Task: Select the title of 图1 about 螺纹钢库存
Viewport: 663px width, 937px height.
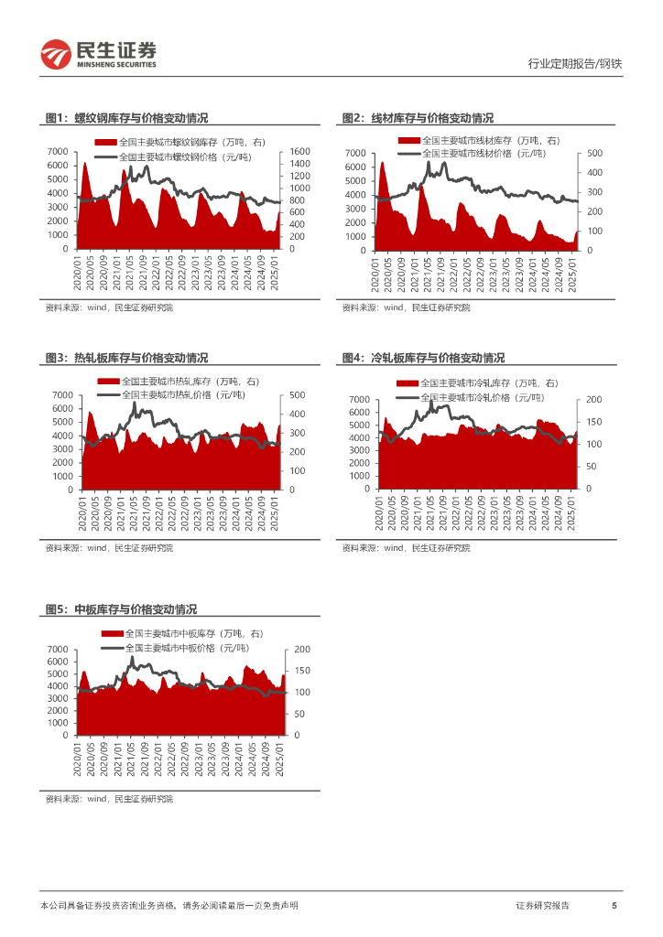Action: click(x=126, y=118)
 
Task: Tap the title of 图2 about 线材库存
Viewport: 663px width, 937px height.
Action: click(x=418, y=118)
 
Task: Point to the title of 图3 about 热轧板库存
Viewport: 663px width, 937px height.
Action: click(x=126, y=358)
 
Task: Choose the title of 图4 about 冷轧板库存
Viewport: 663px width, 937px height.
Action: click(x=423, y=358)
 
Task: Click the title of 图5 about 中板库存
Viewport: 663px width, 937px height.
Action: click(x=121, y=609)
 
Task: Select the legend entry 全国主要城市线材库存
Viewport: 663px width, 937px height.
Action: click(x=490, y=141)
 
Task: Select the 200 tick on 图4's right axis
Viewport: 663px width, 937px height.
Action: click(x=592, y=399)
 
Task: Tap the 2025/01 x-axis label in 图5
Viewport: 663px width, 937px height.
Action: click(x=280, y=757)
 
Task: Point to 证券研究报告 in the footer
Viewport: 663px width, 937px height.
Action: click(x=542, y=906)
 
